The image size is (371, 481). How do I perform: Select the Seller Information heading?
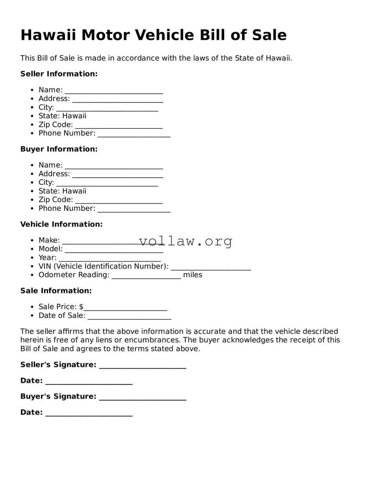coord(59,74)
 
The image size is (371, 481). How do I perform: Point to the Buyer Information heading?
coord(59,149)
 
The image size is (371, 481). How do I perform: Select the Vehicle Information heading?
coord(61,225)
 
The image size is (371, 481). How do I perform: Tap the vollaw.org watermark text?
coord(186,241)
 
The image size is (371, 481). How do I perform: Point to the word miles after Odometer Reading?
coord(192,275)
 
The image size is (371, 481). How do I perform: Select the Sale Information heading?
coord(56,291)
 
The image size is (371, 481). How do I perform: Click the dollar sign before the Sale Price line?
coord(81,307)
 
